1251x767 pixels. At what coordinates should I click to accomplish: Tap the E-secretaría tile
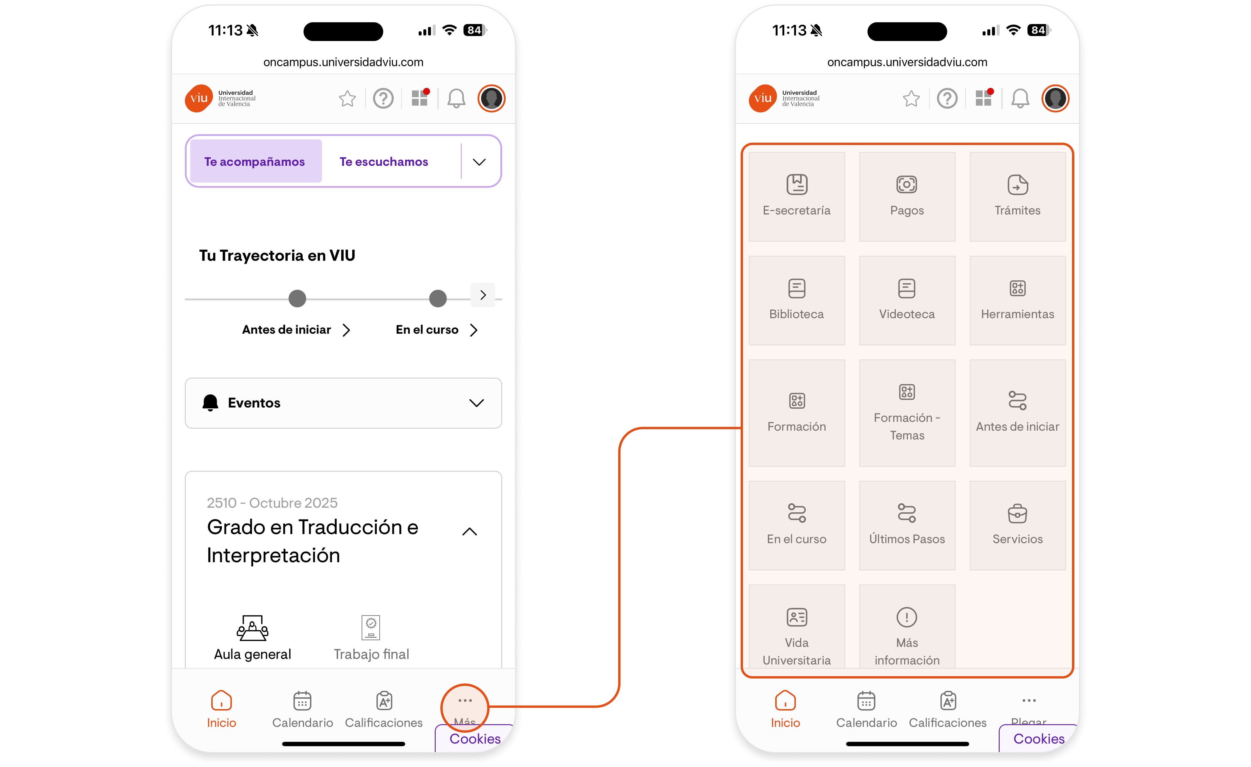[797, 197]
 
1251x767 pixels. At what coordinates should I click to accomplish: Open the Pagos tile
[907, 197]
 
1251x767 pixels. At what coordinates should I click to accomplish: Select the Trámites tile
[1017, 197]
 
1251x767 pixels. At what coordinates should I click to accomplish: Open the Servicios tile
[1017, 525]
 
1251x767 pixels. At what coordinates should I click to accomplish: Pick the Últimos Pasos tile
[907, 525]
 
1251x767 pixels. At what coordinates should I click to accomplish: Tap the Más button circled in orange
[465, 707]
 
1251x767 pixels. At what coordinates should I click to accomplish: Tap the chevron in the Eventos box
[476, 403]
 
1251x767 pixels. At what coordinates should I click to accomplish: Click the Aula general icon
[252, 628]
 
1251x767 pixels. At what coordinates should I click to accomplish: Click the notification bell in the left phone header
[456, 98]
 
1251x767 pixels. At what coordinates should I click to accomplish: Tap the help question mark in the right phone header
[947, 98]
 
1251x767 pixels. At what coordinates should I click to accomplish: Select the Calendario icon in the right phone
[866, 701]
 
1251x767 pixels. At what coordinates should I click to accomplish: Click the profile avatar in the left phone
[491, 98]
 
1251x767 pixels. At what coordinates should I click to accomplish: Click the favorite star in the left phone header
[347, 98]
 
